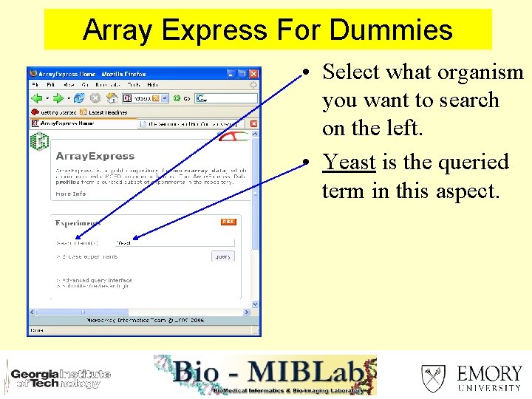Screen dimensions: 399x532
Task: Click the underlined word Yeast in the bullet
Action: [349, 162]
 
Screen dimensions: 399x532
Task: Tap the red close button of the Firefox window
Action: [254, 74]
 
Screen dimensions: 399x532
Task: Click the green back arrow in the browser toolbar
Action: [36, 98]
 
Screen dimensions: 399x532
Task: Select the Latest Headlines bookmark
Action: [103, 112]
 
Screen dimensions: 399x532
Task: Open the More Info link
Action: [71, 194]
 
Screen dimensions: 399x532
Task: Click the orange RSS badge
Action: [228, 222]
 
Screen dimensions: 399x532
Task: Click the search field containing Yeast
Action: [174, 242]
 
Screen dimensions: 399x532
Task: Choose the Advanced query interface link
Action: [97, 281]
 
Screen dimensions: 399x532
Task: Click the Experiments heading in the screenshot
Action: [78, 223]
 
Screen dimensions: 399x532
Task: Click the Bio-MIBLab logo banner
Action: [265, 375]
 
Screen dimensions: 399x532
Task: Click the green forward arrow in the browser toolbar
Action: [58, 98]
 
